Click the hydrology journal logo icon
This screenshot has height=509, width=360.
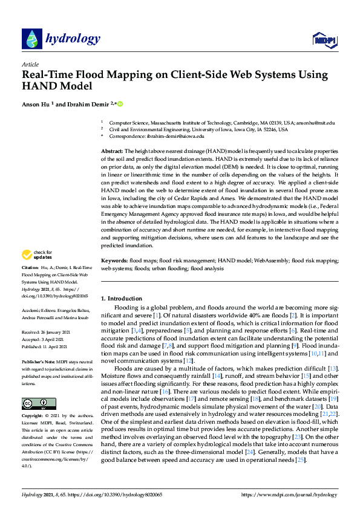(x=31, y=39)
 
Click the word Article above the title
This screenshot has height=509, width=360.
(x=30, y=64)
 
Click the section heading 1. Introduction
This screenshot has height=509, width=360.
(x=122, y=299)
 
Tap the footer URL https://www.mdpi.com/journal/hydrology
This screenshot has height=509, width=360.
(x=289, y=494)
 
